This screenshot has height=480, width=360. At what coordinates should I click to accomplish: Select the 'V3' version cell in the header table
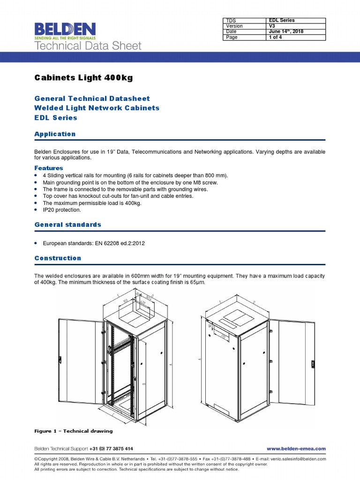pos(272,26)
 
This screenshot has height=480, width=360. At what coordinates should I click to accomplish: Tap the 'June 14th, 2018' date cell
pos(285,32)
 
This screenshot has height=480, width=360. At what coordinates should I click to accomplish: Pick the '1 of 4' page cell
pos(276,37)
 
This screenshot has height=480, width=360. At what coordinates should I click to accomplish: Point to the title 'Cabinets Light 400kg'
pos(84,78)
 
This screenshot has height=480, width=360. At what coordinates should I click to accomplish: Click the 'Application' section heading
pos(55,134)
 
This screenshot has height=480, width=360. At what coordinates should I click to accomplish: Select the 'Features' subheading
pos(49,168)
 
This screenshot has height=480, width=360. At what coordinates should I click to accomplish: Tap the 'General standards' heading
pos(68,225)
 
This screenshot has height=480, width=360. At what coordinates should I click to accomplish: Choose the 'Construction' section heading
pos(58,258)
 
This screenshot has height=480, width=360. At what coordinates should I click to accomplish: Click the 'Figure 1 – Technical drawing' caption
pos(74,431)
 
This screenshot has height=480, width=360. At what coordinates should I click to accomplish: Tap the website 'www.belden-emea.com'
pos(296,449)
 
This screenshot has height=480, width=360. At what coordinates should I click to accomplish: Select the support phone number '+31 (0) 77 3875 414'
pos(111,449)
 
